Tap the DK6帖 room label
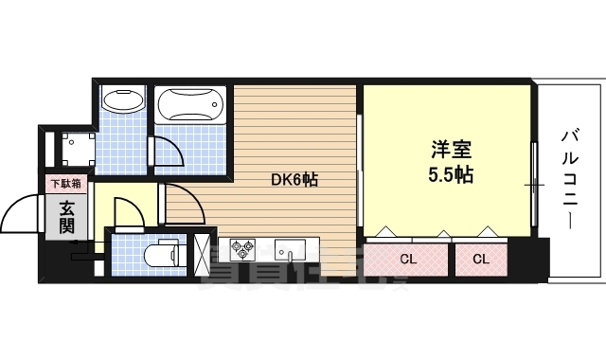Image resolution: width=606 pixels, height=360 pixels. click(x=294, y=179)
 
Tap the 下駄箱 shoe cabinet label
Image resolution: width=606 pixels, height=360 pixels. click(x=65, y=184)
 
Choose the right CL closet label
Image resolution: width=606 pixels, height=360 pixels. click(x=480, y=258)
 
